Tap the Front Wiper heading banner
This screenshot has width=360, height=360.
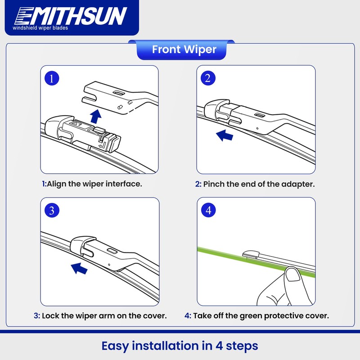[x=184, y=49]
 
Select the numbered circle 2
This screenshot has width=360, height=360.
[x=208, y=78]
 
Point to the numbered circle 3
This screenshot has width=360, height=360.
[x=53, y=210]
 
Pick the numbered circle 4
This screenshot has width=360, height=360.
[x=208, y=210]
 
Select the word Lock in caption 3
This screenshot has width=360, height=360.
[x=50, y=315]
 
